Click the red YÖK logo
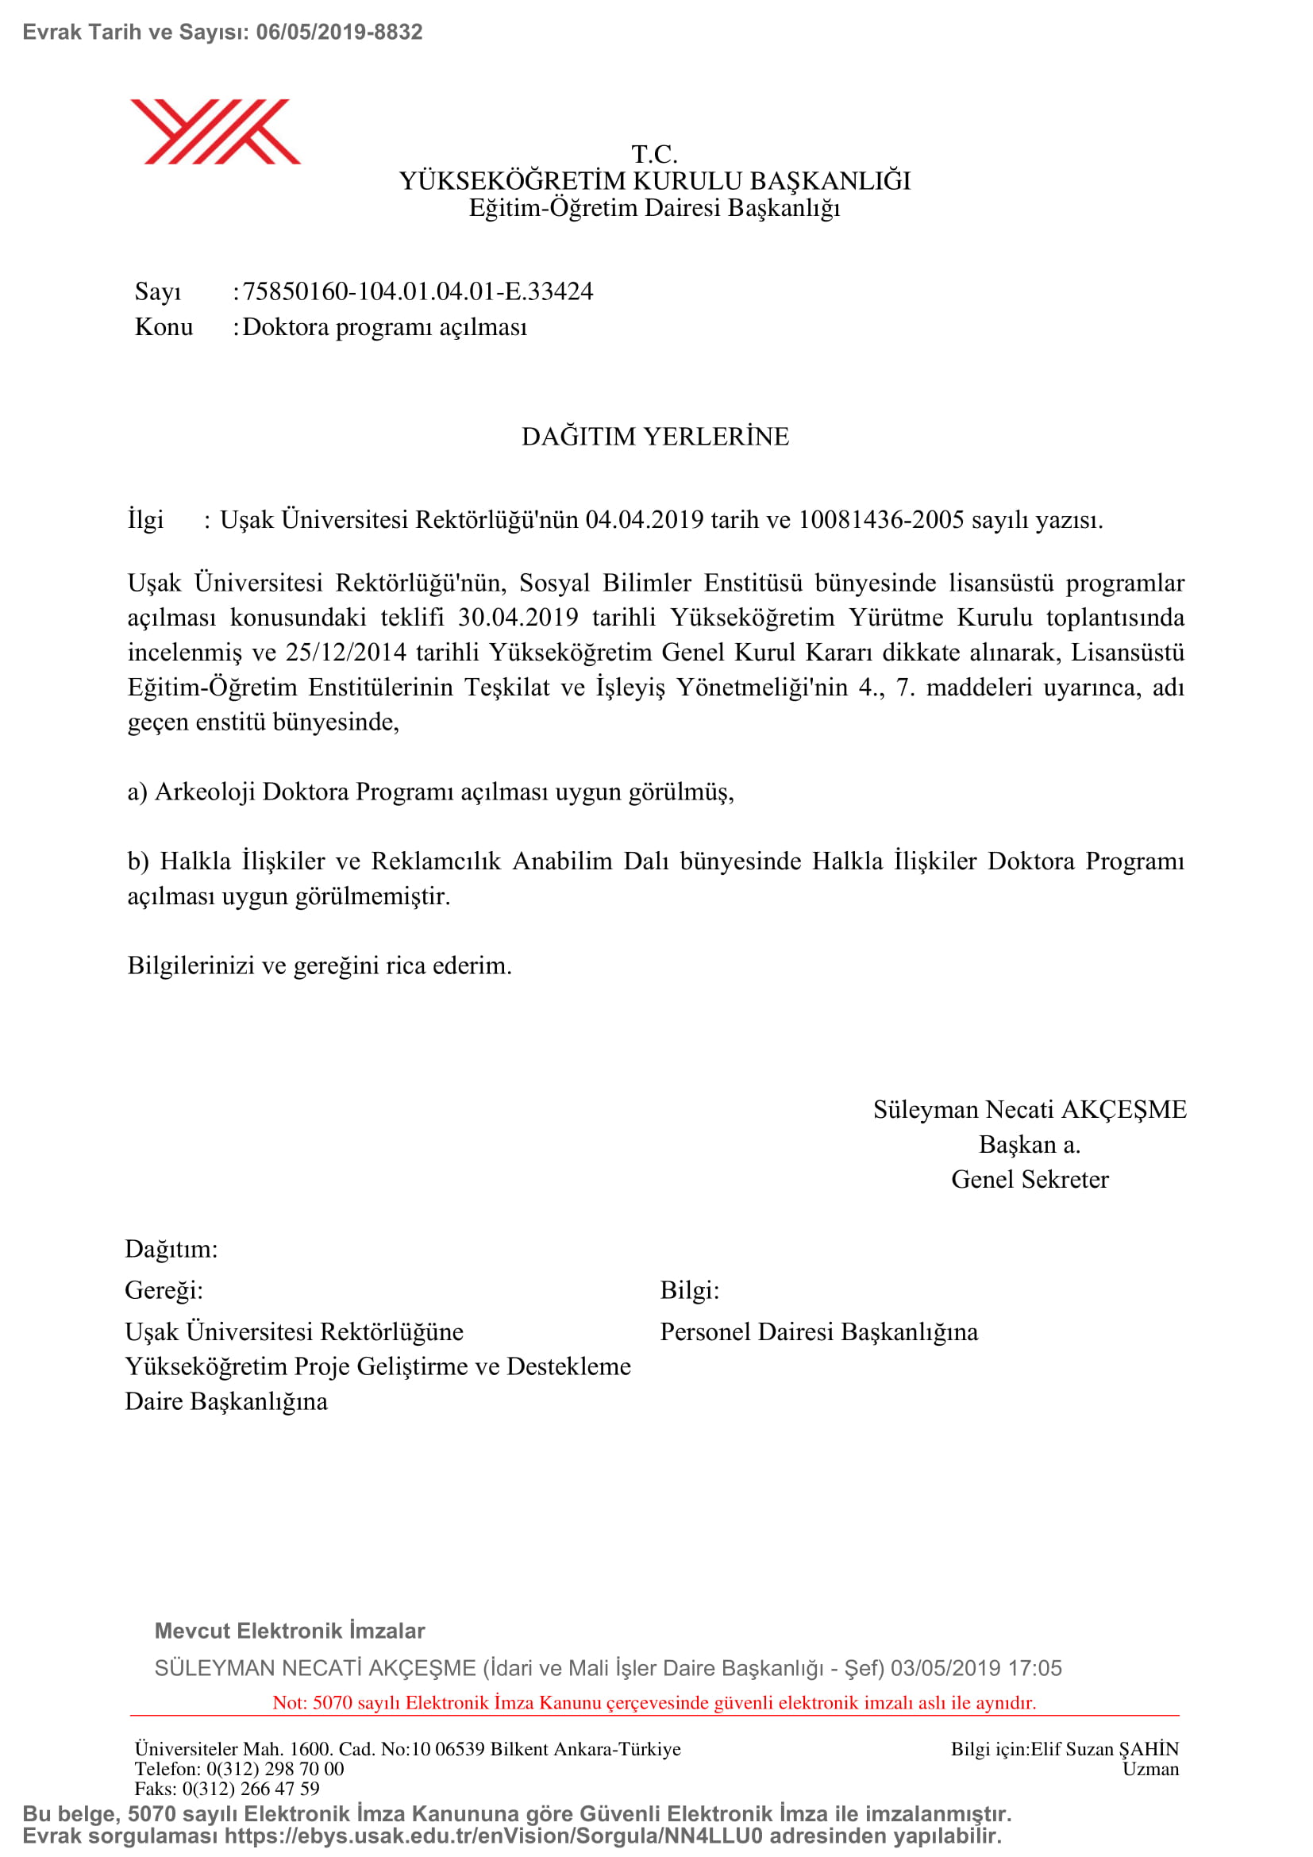tap(215, 131)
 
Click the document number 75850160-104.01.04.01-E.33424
tap(418, 291)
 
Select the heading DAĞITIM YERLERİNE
tap(655, 437)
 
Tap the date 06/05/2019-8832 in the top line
tap(339, 33)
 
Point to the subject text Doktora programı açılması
tap(385, 327)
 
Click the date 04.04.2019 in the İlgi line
tap(645, 519)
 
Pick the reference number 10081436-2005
tap(881, 519)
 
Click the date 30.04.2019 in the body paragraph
tap(518, 617)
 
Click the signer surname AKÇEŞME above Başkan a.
tap(1124, 1110)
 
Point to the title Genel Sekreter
tap(1030, 1179)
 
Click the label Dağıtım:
tap(171, 1249)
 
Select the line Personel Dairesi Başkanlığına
tap(818, 1331)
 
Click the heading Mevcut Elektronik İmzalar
tap(290, 1631)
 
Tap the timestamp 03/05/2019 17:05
tap(976, 1668)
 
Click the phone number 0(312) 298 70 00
tap(275, 1769)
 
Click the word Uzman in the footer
tap(1149, 1769)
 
